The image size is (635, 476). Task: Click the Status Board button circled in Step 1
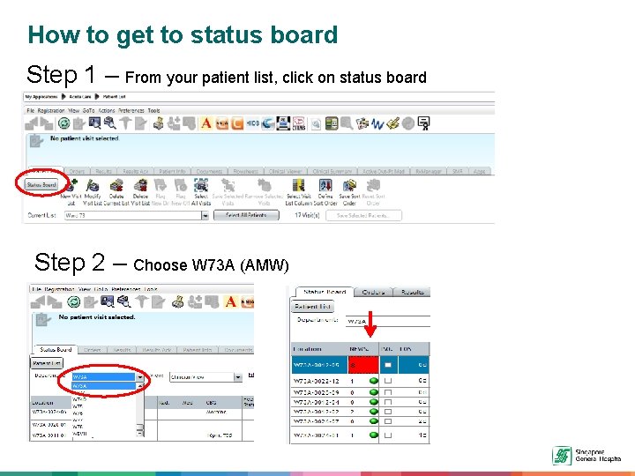[41, 185]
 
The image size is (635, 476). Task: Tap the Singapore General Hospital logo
[562, 455]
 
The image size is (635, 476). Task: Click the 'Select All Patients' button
[245, 215]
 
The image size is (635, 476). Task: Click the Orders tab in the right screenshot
[373, 292]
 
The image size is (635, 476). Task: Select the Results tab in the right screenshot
[412, 292]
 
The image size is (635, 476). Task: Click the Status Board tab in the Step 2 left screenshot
[56, 350]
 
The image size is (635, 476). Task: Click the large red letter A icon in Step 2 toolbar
[231, 301]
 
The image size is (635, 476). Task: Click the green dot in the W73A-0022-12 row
[374, 381]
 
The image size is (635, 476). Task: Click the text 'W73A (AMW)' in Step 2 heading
[240, 264]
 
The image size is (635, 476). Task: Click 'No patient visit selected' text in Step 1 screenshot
[85, 138]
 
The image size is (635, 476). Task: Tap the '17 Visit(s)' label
[307, 215]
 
